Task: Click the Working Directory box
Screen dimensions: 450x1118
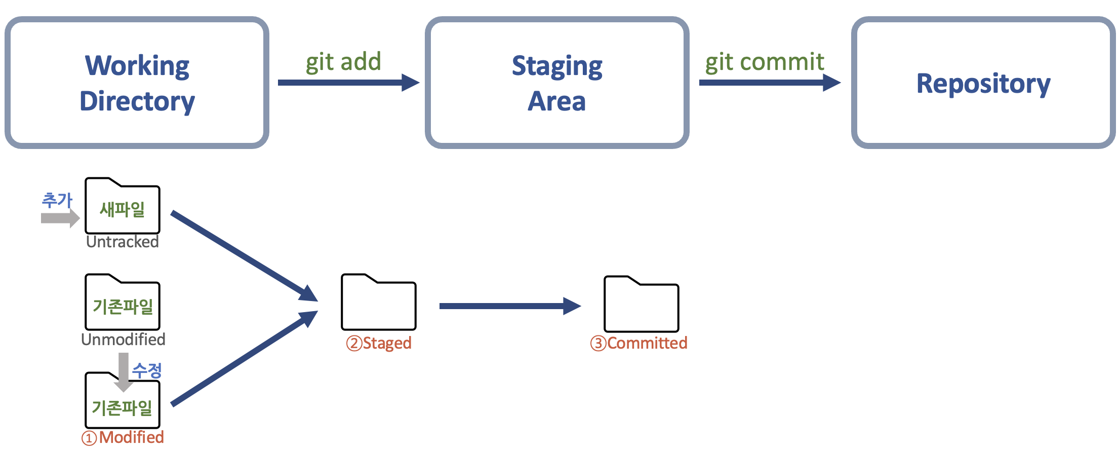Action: pyautogui.click(x=137, y=83)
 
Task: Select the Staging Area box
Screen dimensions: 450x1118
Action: pyautogui.click(x=557, y=83)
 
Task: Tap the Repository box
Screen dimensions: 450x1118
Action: pyautogui.click(x=983, y=83)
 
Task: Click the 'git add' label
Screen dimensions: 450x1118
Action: pyautogui.click(x=343, y=62)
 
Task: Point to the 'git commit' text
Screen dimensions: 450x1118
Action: pyautogui.click(x=765, y=62)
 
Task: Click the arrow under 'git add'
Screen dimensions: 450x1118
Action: pyautogui.click(x=348, y=83)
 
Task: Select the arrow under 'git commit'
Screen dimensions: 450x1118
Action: pyautogui.click(x=769, y=83)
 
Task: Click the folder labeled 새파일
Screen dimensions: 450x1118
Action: pyautogui.click(x=123, y=208)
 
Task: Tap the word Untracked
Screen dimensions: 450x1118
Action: pyautogui.click(x=123, y=242)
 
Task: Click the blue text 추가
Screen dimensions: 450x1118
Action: pyautogui.click(x=57, y=200)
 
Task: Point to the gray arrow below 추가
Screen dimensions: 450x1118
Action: pyautogui.click(x=60, y=218)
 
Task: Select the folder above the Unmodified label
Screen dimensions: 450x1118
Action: pyautogui.click(x=123, y=304)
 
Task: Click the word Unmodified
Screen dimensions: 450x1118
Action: pyautogui.click(x=123, y=339)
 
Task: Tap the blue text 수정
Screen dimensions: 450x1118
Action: pyautogui.click(x=147, y=370)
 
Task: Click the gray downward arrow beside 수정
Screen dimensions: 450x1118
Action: pyautogui.click(x=124, y=371)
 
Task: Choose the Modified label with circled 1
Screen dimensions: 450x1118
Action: pyautogui.click(x=123, y=437)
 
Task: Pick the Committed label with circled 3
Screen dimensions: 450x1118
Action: pyautogui.click(x=639, y=343)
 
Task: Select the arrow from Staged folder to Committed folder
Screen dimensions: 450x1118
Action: pyautogui.click(x=509, y=306)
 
